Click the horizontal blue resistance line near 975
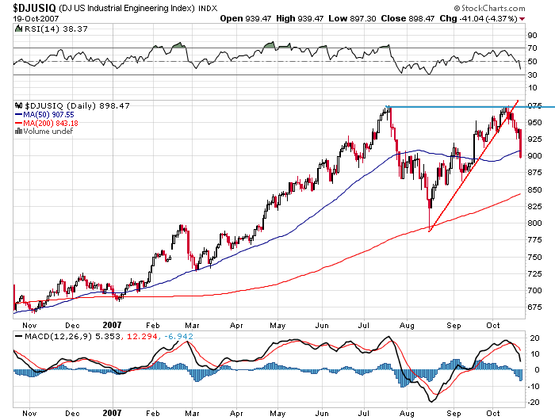(x=460, y=107)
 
